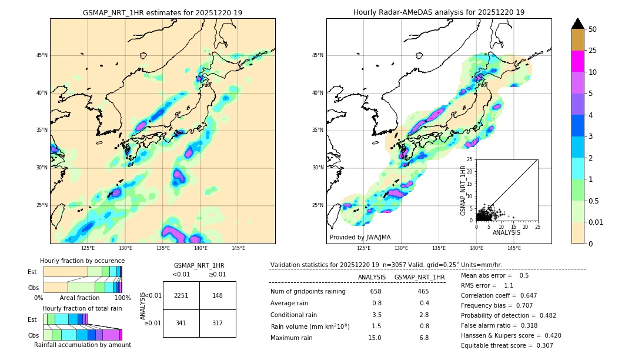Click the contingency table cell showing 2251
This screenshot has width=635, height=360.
pyautogui.click(x=181, y=295)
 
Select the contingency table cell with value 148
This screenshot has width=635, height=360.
pyautogui.click(x=218, y=295)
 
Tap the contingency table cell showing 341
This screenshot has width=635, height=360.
pyautogui.click(x=181, y=323)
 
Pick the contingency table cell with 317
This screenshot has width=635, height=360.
pyautogui.click(x=218, y=323)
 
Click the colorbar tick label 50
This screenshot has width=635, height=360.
pyautogui.click(x=593, y=29)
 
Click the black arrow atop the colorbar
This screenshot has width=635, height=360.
pyautogui.click(x=578, y=24)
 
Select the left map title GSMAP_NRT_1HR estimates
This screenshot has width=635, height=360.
pyautogui.click(x=162, y=12)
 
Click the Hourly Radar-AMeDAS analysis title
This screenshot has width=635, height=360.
pyautogui.click(x=439, y=12)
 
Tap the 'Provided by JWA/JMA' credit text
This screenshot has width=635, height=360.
pyautogui.click(x=360, y=238)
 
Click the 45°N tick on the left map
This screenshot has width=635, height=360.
pyautogui.click(x=41, y=55)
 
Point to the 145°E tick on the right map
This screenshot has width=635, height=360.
pyautogui.click(x=514, y=249)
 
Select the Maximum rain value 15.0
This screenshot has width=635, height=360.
pyautogui.click(x=374, y=338)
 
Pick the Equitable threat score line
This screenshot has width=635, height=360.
pyautogui.click(x=507, y=345)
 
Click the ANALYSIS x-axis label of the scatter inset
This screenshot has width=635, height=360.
pyautogui.click(x=506, y=232)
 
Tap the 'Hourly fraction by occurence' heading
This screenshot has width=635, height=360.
pyautogui.click(x=82, y=261)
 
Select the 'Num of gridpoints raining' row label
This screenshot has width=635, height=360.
pyautogui.click(x=308, y=291)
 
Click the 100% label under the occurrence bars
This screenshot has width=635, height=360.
pyautogui.click(x=122, y=298)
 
